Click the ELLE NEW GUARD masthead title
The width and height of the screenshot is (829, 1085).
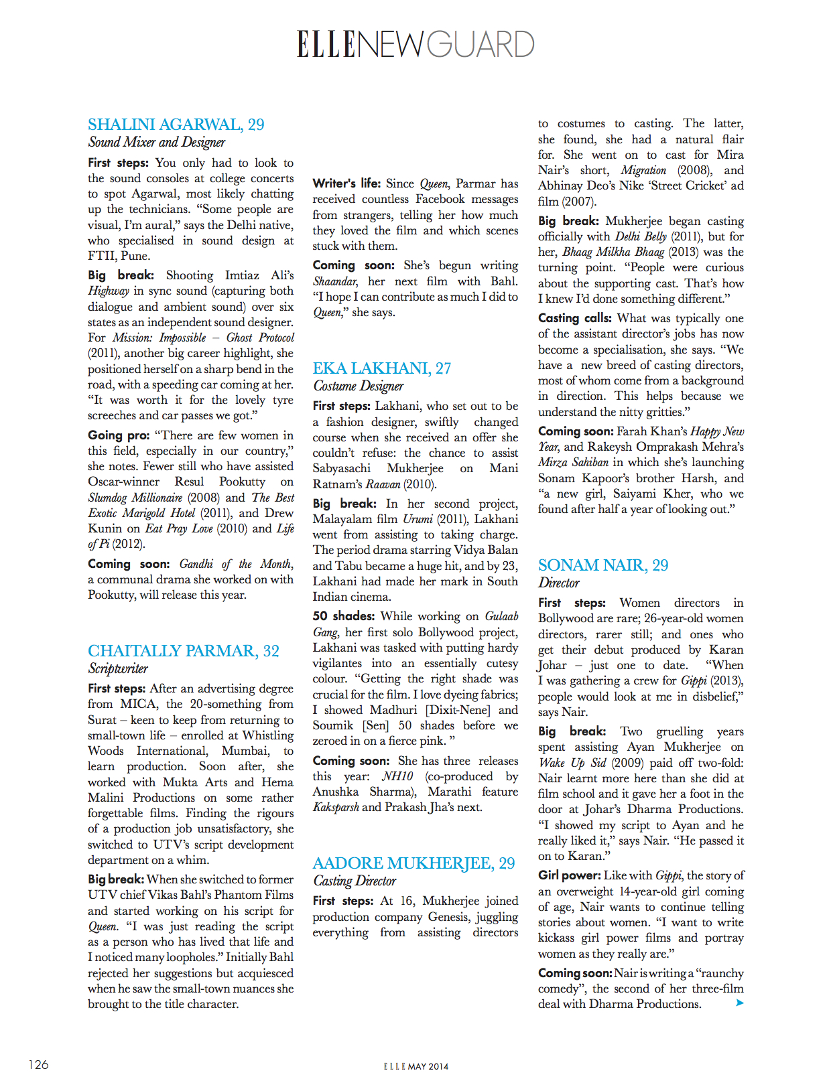[416, 44]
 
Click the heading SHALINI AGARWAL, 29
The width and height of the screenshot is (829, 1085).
[176, 125]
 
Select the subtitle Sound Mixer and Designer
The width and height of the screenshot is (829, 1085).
[156, 142]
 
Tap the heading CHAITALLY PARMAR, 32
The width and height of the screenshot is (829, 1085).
[183, 651]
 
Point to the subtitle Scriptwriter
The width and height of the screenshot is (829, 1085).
[118, 668]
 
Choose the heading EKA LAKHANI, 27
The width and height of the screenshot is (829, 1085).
[381, 368]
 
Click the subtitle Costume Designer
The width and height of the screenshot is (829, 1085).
[358, 386]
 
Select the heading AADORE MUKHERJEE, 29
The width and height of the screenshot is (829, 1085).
[413, 863]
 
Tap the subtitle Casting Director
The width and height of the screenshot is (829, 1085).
[355, 881]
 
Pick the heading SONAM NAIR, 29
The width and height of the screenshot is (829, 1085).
[602, 565]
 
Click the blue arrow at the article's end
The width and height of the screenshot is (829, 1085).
[739, 1003]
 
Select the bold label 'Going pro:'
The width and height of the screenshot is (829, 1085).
[118, 435]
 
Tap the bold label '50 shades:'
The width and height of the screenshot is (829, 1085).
[343, 616]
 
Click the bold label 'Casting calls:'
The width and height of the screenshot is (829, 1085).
[574, 318]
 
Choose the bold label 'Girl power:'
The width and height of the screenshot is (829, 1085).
[568, 875]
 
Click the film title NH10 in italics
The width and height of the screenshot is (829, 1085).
[397, 776]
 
